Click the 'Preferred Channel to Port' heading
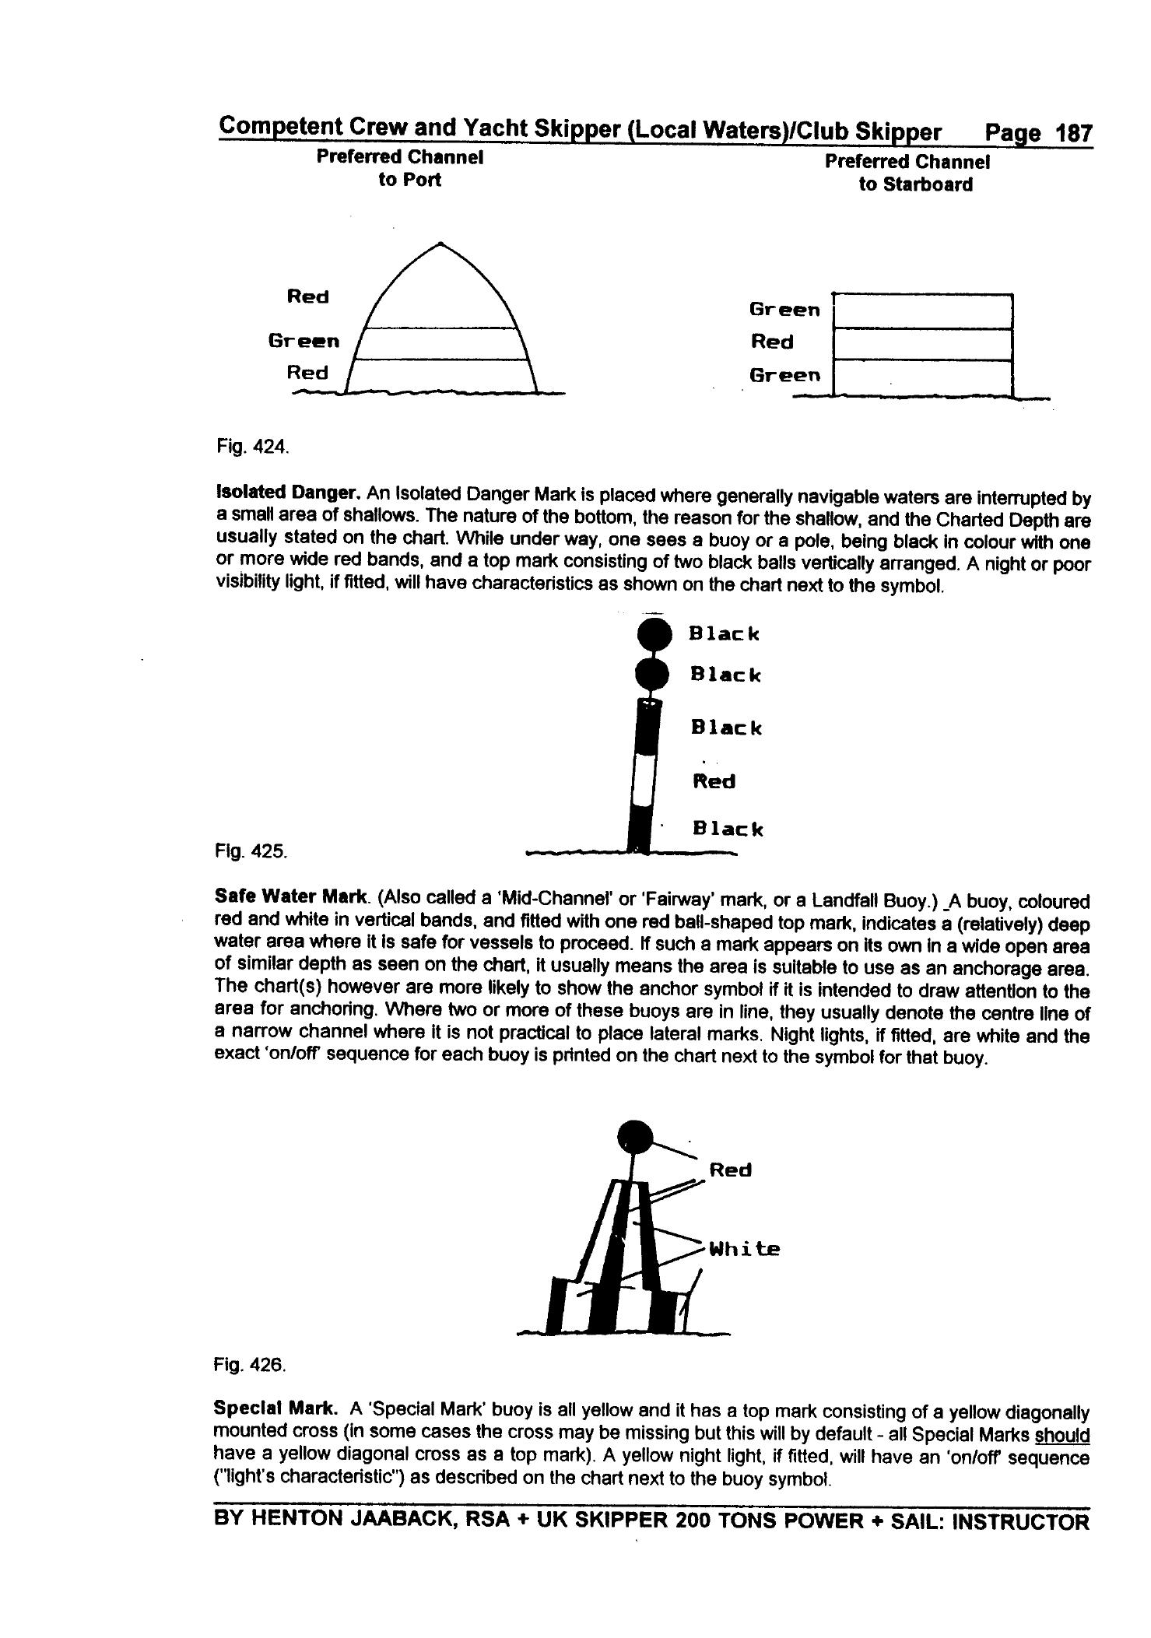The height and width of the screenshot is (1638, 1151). [x=400, y=168]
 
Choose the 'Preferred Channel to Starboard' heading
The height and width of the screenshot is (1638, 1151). [x=907, y=173]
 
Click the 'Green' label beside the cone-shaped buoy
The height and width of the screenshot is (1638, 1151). [x=304, y=341]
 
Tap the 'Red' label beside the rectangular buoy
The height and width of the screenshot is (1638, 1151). [x=772, y=342]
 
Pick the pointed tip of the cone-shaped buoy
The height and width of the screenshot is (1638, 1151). [x=441, y=244]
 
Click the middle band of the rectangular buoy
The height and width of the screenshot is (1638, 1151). [x=922, y=344]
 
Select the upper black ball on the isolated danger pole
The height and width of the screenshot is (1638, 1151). [x=654, y=634]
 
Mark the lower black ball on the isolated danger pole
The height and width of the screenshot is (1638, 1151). [x=652, y=675]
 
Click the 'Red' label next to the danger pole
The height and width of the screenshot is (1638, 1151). [x=714, y=781]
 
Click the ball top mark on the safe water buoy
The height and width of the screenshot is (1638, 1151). [x=635, y=1137]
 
